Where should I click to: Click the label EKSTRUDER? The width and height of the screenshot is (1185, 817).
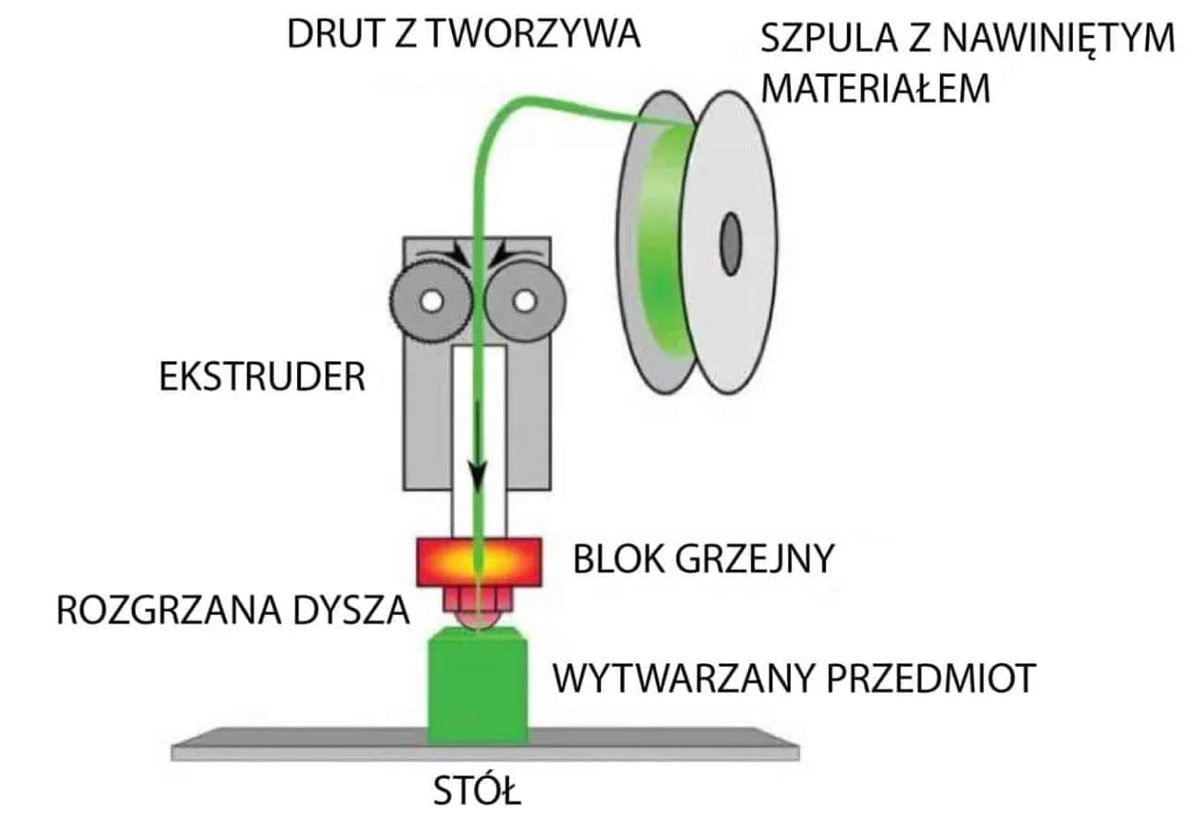click(x=262, y=378)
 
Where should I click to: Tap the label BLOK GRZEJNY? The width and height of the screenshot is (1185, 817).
click(x=704, y=559)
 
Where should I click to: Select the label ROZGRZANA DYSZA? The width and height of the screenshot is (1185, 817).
click(x=231, y=612)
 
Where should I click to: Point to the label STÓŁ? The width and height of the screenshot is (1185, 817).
click(x=478, y=794)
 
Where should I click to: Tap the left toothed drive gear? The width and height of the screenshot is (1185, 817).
click(x=429, y=301)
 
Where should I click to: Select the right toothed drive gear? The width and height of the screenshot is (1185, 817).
click(x=524, y=301)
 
